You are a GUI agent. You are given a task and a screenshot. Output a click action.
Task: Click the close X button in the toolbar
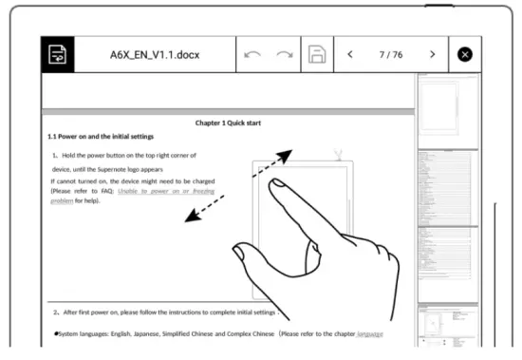464,55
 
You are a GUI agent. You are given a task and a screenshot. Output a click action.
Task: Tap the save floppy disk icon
318,55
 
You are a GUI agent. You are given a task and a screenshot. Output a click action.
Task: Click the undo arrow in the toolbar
252,55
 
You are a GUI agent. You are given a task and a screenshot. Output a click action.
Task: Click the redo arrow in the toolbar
284,55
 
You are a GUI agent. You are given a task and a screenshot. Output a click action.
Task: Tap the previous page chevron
349,55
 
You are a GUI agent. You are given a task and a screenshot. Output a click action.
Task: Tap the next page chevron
433,55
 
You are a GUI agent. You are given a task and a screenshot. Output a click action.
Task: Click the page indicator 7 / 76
391,55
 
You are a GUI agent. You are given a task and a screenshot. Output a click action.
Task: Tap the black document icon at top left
58,55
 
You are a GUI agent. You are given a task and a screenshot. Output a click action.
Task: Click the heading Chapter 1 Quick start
229,123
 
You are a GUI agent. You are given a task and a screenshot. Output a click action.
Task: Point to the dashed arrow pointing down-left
205,211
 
